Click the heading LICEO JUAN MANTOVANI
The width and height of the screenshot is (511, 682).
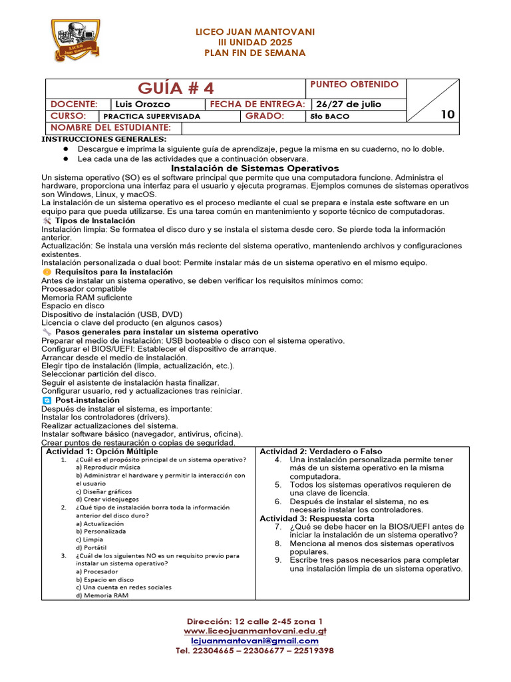tap(255, 31)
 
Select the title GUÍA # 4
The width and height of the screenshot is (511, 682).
tap(176, 88)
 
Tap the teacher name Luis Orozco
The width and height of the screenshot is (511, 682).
tap(142, 105)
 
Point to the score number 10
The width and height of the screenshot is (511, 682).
tap(448, 115)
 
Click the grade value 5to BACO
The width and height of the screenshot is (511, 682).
tap(329, 116)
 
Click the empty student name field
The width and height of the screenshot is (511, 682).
tap(293, 127)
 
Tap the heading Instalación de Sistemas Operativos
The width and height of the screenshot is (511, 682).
tap(255, 169)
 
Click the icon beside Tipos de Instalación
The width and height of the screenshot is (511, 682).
tap(47, 220)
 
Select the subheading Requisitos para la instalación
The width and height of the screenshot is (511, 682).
tap(114, 272)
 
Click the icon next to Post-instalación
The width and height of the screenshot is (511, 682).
tap(47, 400)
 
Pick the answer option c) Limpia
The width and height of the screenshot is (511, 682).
tap(90, 539)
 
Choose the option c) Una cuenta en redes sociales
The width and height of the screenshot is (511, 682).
tap(123, 587)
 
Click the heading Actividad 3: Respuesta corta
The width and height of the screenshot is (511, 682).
tap(317, 518)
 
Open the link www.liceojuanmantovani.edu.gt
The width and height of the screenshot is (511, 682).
tap(255, 631)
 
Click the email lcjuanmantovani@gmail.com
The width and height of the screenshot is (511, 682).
tap(255, 641)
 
